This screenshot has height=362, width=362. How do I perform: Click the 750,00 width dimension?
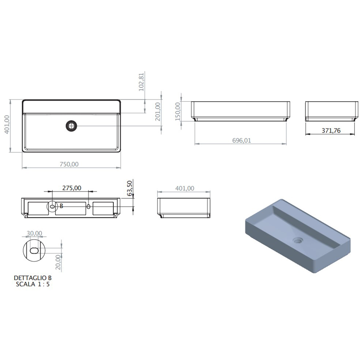click(x=69, y=164)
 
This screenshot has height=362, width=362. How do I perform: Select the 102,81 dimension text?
click(x=141, y=82)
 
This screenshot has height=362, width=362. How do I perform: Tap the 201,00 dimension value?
click(x=158, y=111)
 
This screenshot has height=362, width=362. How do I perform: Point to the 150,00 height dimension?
click(x=177, y=111)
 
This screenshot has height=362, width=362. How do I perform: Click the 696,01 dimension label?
click(x=241, y=140)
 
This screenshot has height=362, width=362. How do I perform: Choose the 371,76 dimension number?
click(x=331, y=131)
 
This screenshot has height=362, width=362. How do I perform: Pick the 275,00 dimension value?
click(x=72, y=188)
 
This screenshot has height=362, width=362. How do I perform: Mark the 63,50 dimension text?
click(x=130, y=188)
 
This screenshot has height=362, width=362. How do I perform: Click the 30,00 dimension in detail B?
click(x=34, y=233)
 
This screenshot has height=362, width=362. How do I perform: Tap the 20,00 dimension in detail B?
click(x=58, y=262)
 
